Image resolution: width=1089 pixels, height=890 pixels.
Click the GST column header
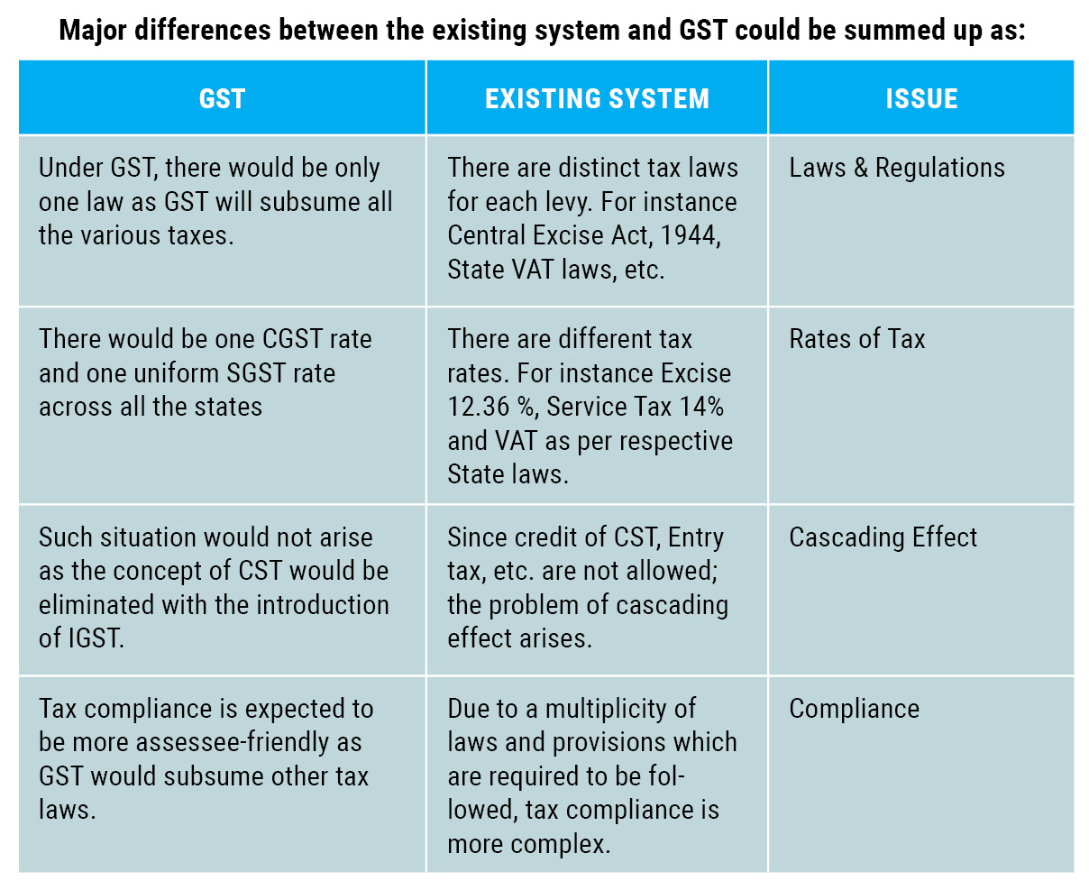222,98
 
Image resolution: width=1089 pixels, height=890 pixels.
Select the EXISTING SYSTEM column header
597,98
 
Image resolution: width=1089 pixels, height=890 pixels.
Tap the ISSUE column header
921,98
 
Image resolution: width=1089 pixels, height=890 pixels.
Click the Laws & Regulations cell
896,168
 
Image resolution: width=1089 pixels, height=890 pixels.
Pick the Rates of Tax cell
856,339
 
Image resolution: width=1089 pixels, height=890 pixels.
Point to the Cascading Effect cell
883,537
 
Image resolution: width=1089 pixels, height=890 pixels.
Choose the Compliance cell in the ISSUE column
854,709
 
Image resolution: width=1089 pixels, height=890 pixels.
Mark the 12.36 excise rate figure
479,407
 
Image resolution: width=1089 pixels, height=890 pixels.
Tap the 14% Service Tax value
701,407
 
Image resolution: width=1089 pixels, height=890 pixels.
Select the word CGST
294,339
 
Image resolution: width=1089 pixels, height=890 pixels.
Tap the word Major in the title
94,30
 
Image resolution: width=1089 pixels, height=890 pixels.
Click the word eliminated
96,605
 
